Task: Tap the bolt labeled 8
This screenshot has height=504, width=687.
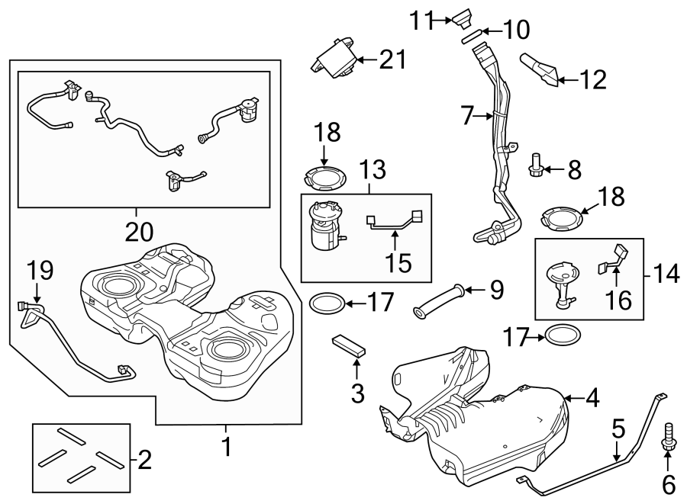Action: pyautogui.click(x=536, y=164)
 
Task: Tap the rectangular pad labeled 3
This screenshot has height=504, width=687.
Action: pyautogui.click(x=350, y=345)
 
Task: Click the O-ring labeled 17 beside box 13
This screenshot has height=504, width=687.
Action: pyautogui.click(x=326, y=304)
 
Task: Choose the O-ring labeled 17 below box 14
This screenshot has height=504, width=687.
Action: pyautogui.click(x=563, y=335)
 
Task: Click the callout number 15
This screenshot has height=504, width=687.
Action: pyautogui.click(x=398, y=263)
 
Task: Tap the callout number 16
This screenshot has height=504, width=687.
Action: pyautogui.click(x=618, y=303)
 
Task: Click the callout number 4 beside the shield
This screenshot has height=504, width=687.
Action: pyautogui.click(x=592, y=396)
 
